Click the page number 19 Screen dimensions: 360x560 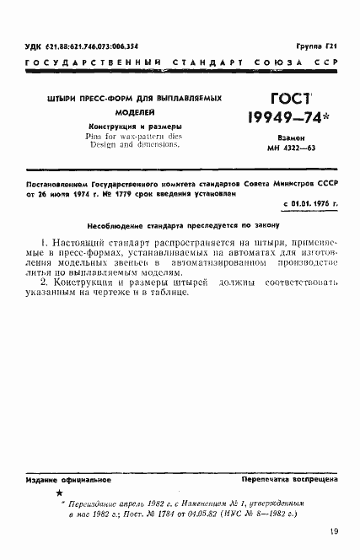336,531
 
